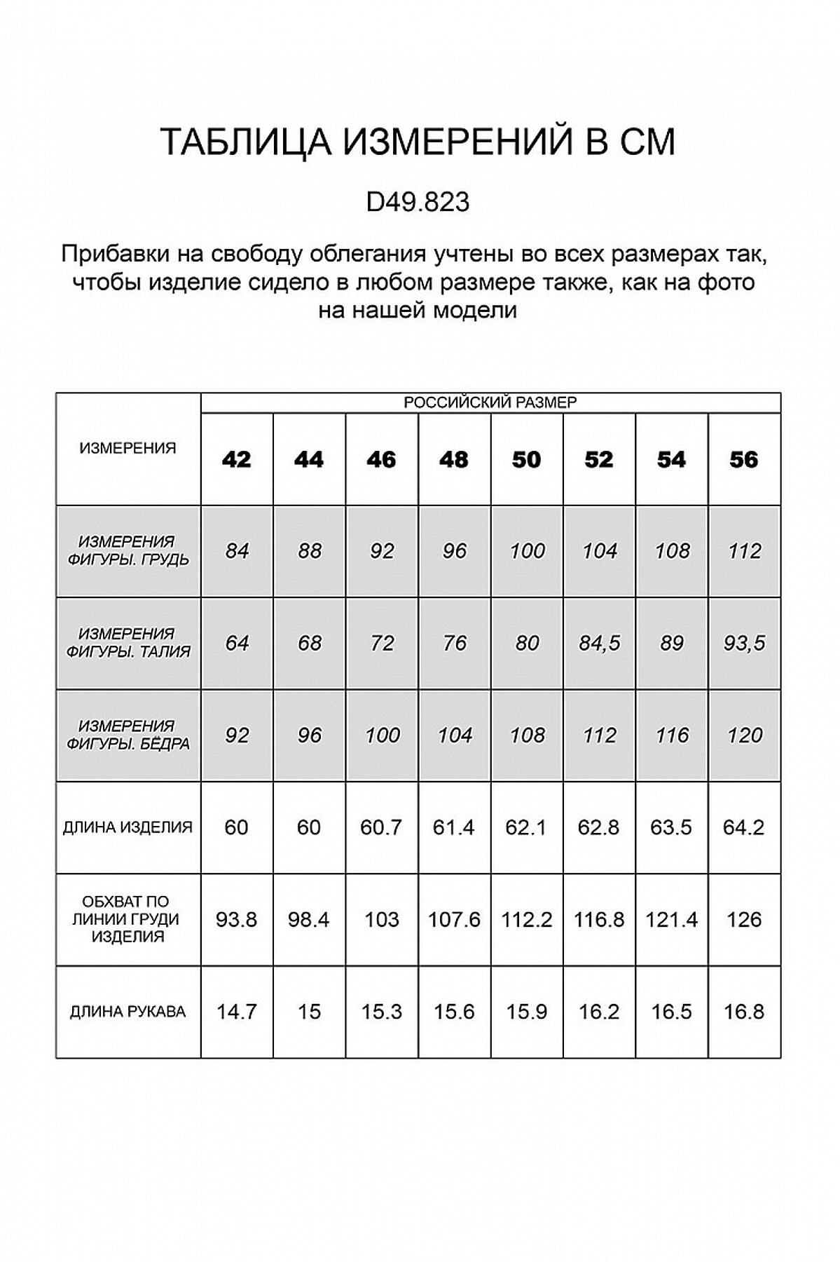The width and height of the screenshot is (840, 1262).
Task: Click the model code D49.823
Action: tap(418, 203)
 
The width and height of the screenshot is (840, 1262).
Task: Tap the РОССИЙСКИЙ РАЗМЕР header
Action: tap(490, 402)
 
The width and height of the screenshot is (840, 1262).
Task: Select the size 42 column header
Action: tap(236, 459)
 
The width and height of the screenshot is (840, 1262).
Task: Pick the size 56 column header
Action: tap(743, 459)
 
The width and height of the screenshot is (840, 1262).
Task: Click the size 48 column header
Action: tap(454, 459)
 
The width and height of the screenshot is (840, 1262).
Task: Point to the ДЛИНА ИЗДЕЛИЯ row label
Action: tap(128, 827)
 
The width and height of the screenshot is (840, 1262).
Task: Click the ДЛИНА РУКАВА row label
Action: tap(128, 1012)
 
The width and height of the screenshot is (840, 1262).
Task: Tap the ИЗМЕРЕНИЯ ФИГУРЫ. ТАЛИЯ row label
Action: tap(128, 643)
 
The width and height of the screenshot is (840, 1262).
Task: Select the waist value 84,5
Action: tap(599, 643)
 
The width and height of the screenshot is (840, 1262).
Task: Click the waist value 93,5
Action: tap(744, 643)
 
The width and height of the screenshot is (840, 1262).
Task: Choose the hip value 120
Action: tap(744, 735)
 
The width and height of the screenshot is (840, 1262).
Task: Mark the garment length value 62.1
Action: tap(526, 827)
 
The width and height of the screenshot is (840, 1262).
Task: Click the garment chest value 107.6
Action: tap(454, 919)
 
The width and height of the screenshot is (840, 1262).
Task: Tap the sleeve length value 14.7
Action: tap(236, 1012)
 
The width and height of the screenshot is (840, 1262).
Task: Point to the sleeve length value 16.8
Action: tap(743, 1012)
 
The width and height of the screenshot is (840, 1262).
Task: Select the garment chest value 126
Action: tap(743, 919)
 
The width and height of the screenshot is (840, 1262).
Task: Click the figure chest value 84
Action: tap(237, 551)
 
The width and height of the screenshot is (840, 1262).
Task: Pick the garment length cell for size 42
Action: tap(236, 827)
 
